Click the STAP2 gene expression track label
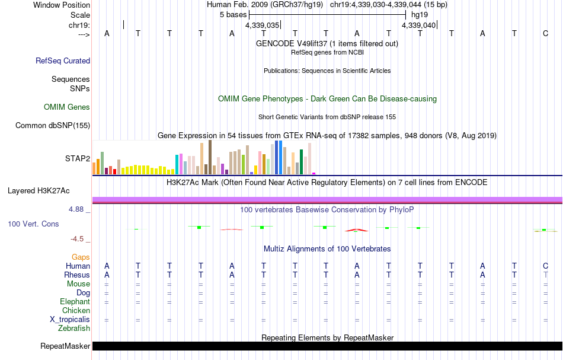[x=78, y=158]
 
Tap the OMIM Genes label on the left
[x=67, y=107]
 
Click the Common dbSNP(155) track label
[x=53, y=125]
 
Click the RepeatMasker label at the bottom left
[x=65, y=346]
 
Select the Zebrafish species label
[x=74, y=328]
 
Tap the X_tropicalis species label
[x=70, y=319]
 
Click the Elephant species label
[x=75, y=301]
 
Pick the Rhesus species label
[x=76, y=275]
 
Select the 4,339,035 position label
[x=262, y=26]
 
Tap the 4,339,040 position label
[x=418, y=26]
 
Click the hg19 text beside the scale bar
[x=419, y=14]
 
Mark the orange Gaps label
[x=81, y=257]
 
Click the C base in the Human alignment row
[x=545, y=266]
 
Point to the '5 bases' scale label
[x=233, y=14]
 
